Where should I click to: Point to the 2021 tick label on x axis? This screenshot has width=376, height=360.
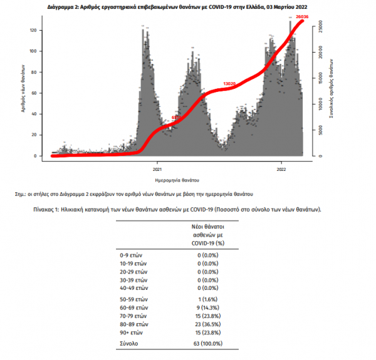tap(157, 170)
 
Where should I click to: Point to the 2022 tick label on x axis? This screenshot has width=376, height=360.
tap(282, 170)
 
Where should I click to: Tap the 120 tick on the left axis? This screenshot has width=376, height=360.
tap(36, 30)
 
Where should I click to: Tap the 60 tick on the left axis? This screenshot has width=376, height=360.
tap(36, 93)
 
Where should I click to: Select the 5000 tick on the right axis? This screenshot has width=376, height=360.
tap(319, 129)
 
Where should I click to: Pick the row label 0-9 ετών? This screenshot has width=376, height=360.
tap(133, 255)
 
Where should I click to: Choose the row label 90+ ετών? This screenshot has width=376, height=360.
tap(133, 333)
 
